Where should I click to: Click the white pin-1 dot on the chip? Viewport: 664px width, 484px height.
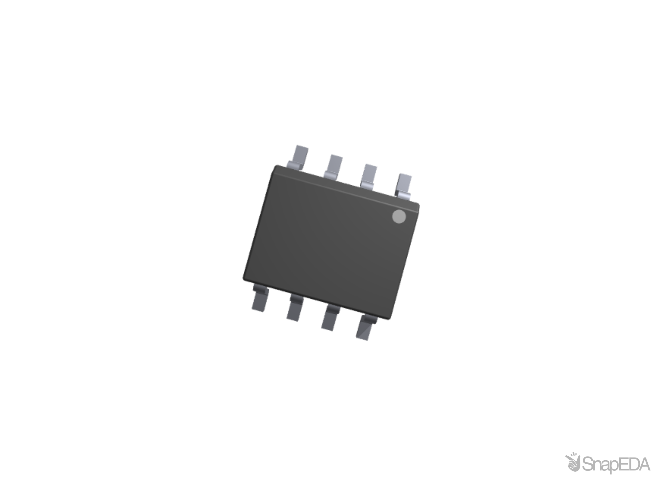tap(399, 216)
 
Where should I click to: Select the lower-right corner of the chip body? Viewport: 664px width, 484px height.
tap(390, 319)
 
